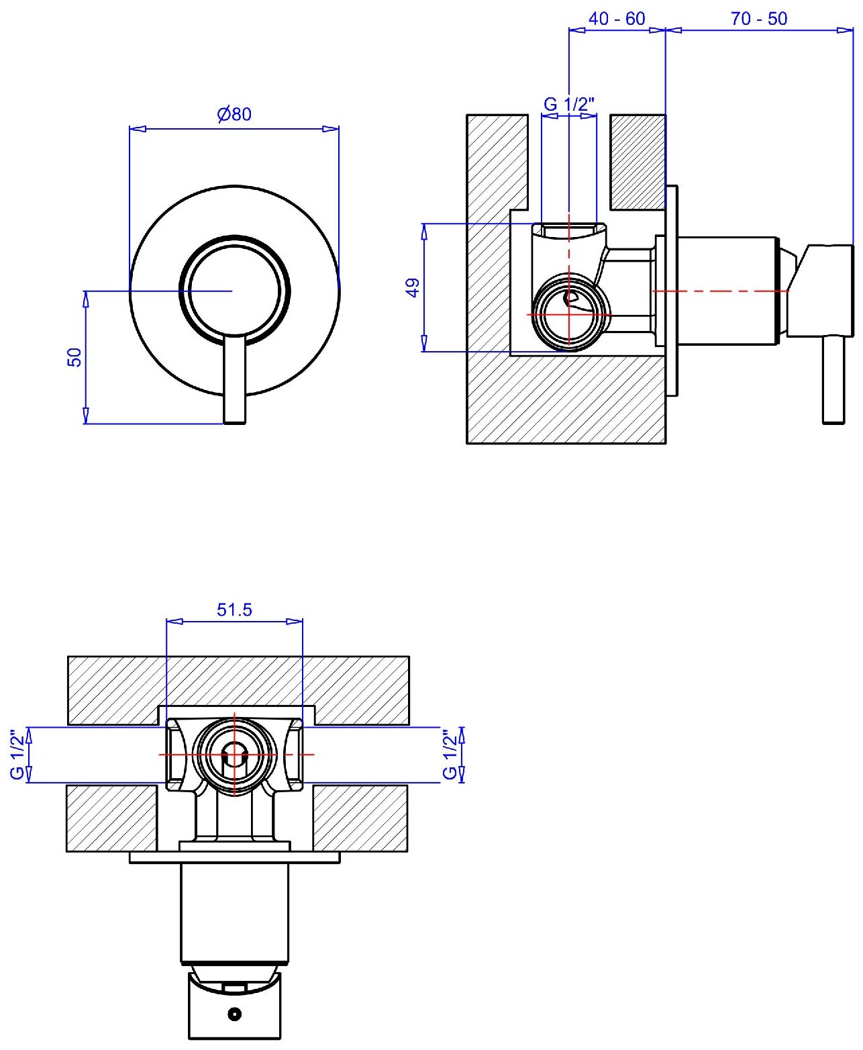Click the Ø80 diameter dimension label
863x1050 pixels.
(x=234, y=114)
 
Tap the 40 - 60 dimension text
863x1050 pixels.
(x=616, y=19)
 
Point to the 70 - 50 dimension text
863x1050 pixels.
(x=758, y=19)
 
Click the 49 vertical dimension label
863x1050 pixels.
(x=413, y=287)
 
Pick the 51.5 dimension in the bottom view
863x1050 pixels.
(x=234, y=610)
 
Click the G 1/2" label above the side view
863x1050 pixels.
(x=568, y=104)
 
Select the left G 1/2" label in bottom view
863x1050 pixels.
(x=18, y=754)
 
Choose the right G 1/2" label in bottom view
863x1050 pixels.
(x=450, y=754)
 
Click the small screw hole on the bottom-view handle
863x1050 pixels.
(x=234, y=1013)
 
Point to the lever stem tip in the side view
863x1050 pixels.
(x=833, y=416)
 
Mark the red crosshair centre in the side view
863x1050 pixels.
(x=568, y=314)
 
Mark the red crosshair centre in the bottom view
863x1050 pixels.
(x=234, y=754)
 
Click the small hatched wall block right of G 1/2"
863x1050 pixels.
(x=637, y=161)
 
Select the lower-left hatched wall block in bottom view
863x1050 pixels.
(x=111, y=818)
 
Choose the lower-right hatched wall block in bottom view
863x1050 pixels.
(x=360, y=818)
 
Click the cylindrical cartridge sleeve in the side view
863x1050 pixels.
(x=728, y=291)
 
